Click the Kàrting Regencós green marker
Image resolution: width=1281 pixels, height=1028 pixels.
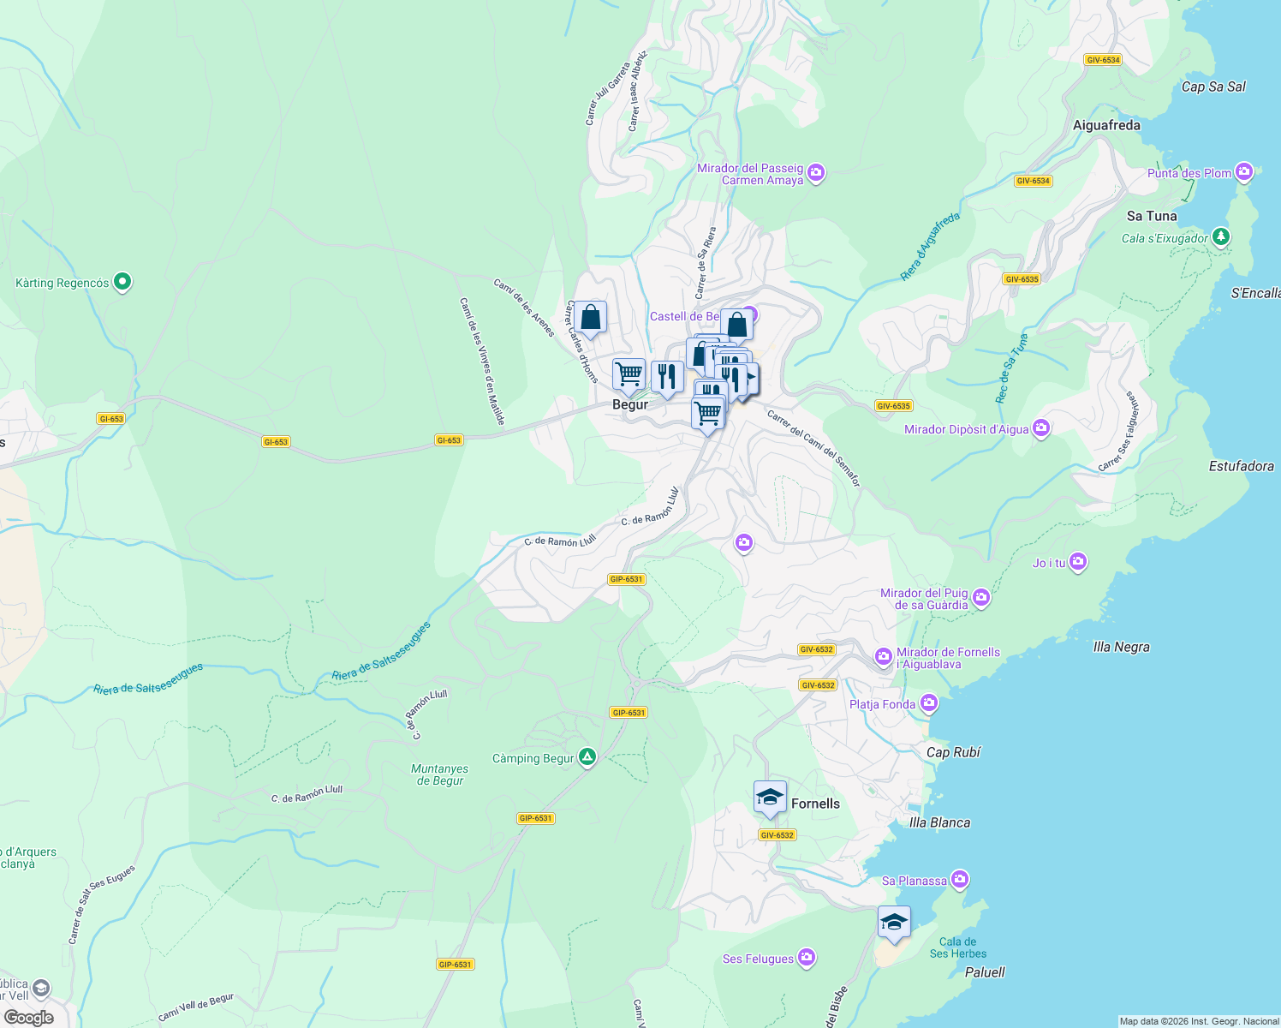[x=122, y=281]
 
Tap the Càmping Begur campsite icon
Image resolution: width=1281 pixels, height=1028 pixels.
[x=587, y=757]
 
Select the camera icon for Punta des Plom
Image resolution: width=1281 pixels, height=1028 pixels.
[x=1244, y=172]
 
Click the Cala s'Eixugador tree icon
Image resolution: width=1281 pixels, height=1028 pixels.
[x=1221, y=237]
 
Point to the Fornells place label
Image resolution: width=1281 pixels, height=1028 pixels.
[x=815, y=804]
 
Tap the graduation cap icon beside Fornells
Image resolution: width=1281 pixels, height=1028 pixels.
[x=770, y=798]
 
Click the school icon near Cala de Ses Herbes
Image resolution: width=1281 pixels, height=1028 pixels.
[x=894, y=923]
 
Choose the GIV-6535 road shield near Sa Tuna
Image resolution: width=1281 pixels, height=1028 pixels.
[x=1022, y=279]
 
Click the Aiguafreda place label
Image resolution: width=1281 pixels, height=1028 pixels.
[x=1106, y=125]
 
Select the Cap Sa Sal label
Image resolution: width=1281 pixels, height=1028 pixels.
[x=1213, y=87]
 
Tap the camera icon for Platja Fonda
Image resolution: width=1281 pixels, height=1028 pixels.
[x=929, y=703]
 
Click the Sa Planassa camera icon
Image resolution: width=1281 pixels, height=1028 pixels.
[x=960, y=880]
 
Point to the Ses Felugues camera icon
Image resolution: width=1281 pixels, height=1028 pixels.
[x=806, y=958]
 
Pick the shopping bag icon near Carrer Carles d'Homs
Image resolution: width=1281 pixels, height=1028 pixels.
[x=590, y=318]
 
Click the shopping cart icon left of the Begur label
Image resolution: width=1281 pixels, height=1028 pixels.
[x=629, y=374]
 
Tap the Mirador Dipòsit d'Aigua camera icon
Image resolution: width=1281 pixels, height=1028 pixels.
[x=1040, y=428]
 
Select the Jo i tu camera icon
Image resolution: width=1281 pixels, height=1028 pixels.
[x=1078, y=562]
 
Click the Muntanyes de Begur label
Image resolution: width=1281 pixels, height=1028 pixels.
[x=440, y=774]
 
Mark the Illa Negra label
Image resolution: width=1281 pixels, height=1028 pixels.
[x=1121, y=647]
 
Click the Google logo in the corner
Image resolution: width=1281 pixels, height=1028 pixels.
[x=29, y=1017]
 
